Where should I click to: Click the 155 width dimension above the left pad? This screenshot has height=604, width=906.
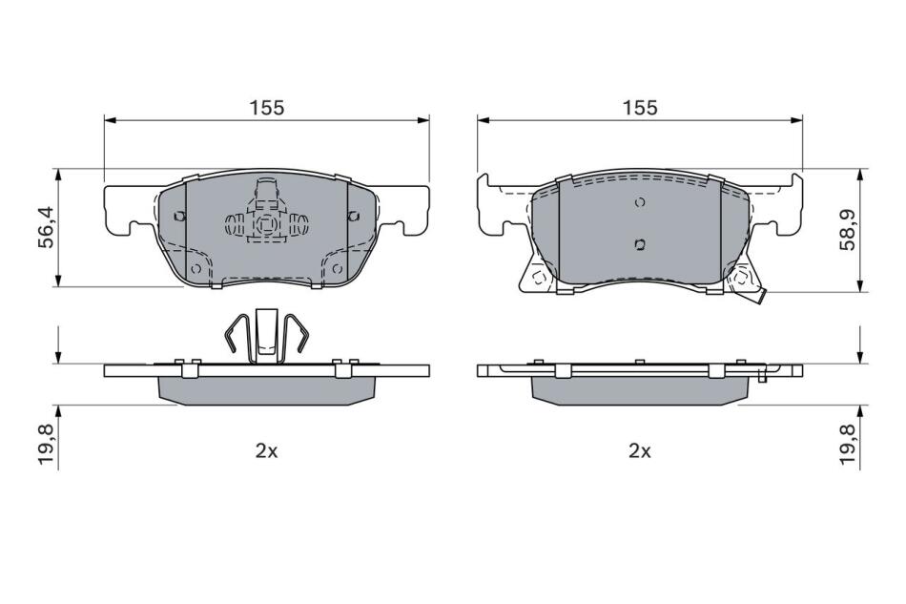(x=267, y=108)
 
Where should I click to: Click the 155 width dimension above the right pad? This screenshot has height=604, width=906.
(x=640, y=108)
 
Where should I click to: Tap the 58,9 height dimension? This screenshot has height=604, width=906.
(x=848, y=228)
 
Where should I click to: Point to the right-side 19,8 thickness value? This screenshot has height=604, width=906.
(x=848, y=445)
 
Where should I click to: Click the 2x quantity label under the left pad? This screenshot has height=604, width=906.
(x=267, y=451)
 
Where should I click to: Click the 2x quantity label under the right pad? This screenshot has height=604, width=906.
(x=640, y=451)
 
